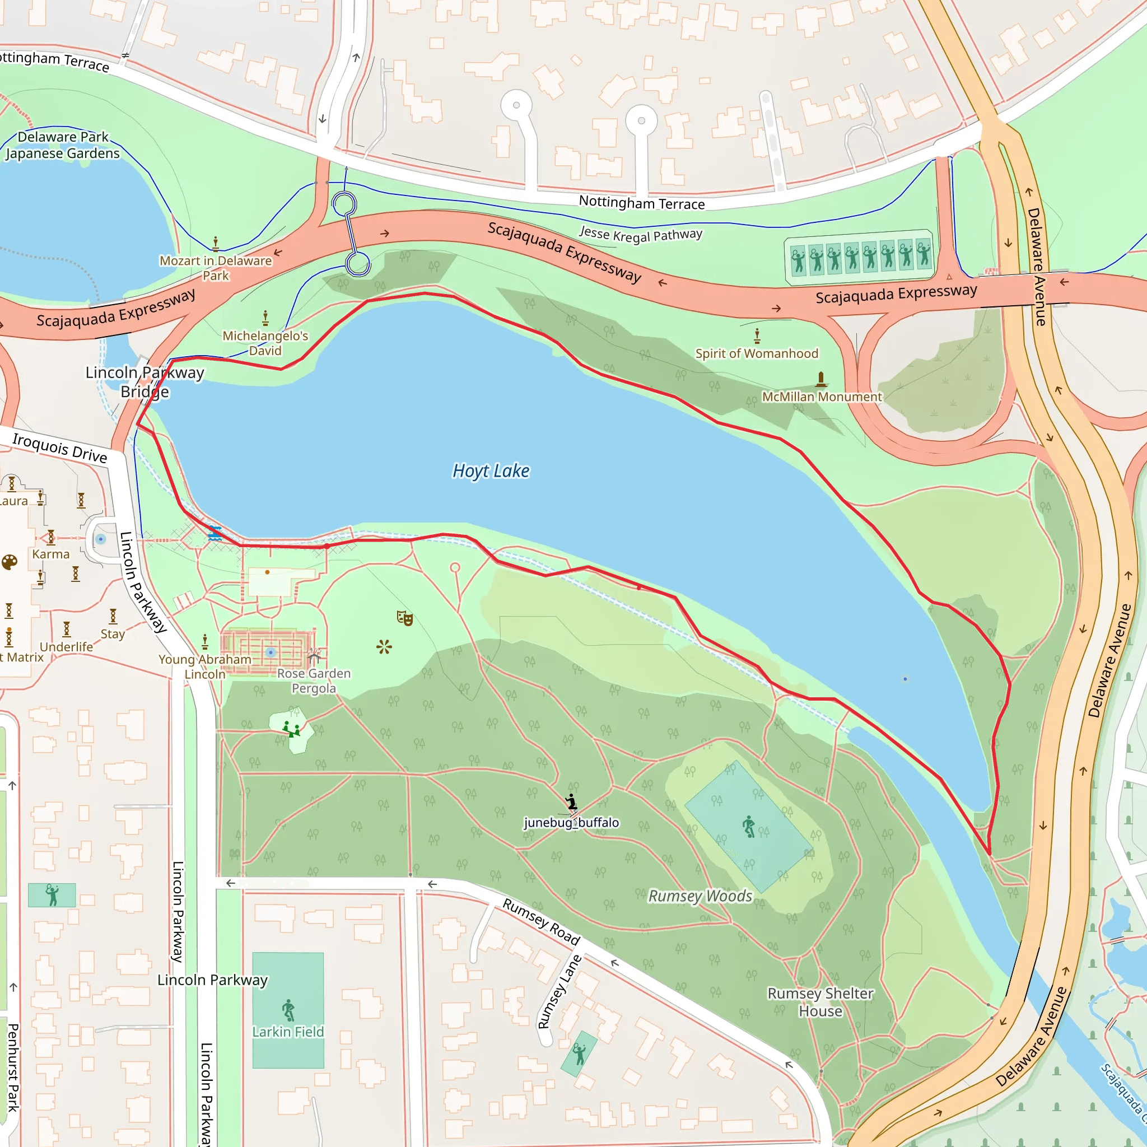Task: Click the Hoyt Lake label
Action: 491,471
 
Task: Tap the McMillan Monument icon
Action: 820,379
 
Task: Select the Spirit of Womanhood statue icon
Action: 757,336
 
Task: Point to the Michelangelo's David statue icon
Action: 265,318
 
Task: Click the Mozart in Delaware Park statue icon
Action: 216,244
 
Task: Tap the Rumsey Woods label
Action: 700,896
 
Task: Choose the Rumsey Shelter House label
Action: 820,1002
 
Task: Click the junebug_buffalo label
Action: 571,822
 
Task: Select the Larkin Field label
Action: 288,1032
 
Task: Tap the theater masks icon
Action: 405,618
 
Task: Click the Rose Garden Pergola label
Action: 314,681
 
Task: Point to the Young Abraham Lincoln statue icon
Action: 205,641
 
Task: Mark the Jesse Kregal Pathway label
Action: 641,235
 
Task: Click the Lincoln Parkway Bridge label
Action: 145,382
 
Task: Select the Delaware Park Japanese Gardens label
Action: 63,145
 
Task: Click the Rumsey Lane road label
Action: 559,991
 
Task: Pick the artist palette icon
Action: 10,562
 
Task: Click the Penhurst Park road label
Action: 13,1067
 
